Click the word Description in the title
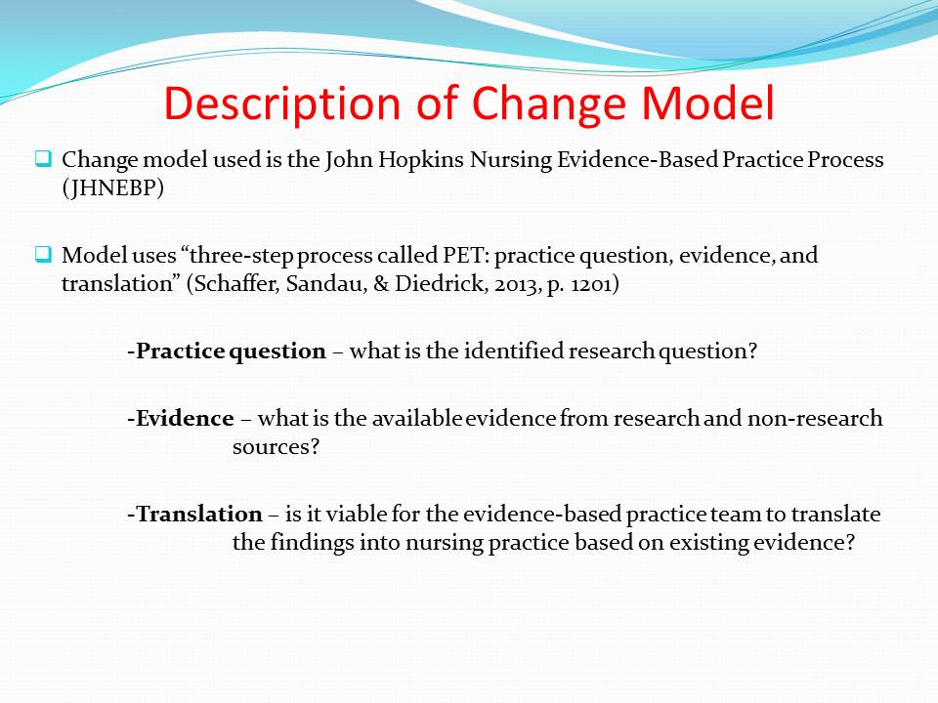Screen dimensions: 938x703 281,104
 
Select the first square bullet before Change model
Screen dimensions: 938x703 43,159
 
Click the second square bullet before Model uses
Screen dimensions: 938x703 43,255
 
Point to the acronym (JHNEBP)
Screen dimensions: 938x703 112,187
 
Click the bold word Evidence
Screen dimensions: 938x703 185,418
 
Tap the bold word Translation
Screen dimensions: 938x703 198,514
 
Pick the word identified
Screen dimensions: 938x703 513,351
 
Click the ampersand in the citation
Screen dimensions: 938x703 381,283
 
